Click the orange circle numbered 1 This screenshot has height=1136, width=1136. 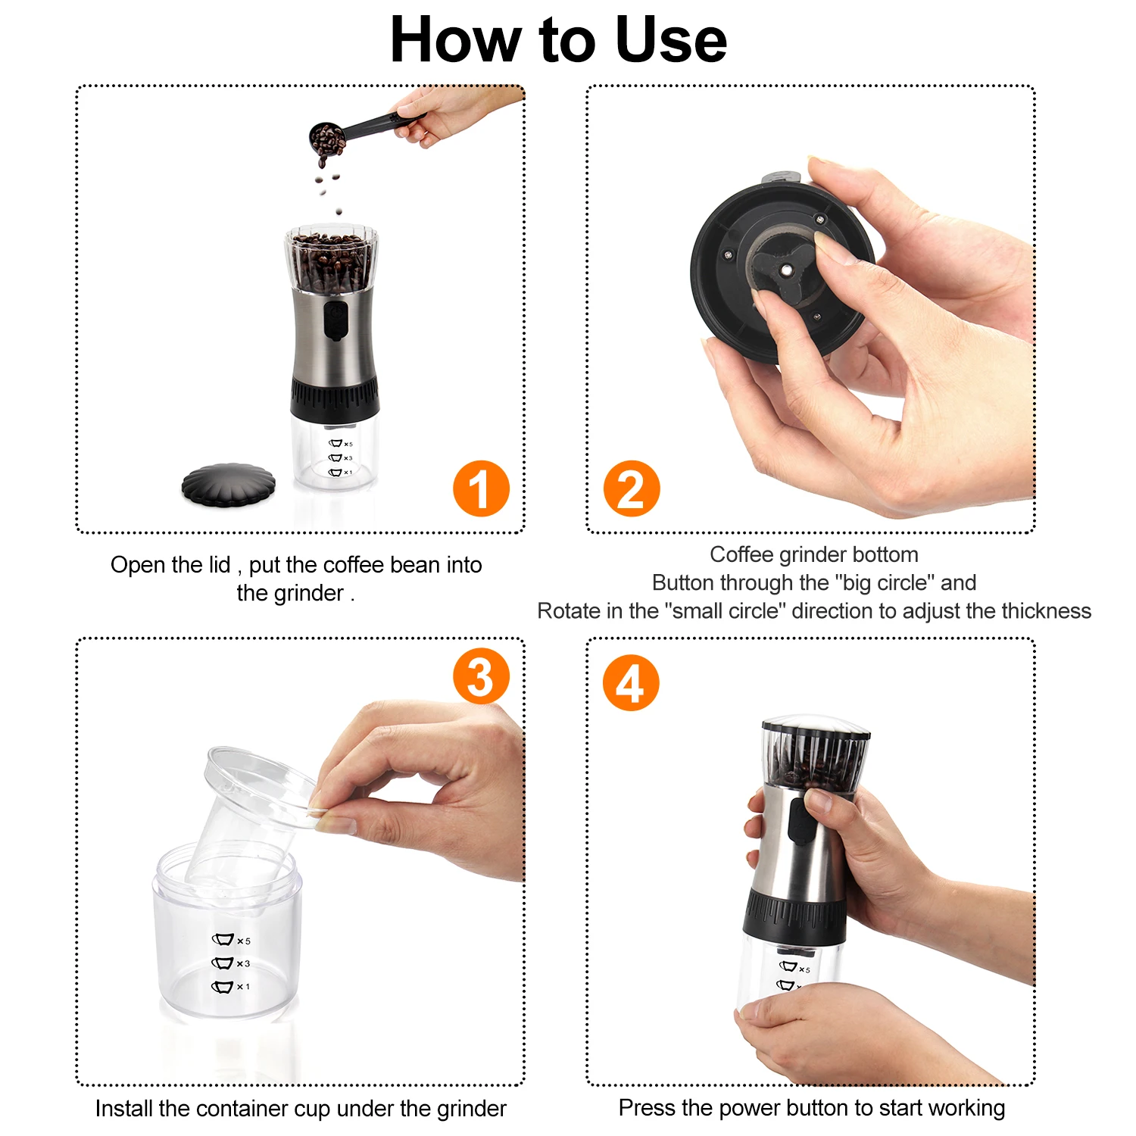[x=481, y=488]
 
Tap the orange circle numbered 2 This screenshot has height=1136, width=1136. [x=632, y=488]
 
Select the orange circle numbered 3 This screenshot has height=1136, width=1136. [x=481, y=676]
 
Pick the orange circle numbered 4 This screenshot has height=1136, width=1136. [x=631, y=683]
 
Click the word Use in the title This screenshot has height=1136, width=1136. [x=671, y=39]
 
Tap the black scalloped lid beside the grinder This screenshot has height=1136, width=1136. [x=229, y=485]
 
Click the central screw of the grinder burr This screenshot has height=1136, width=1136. [x=788, y=270]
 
